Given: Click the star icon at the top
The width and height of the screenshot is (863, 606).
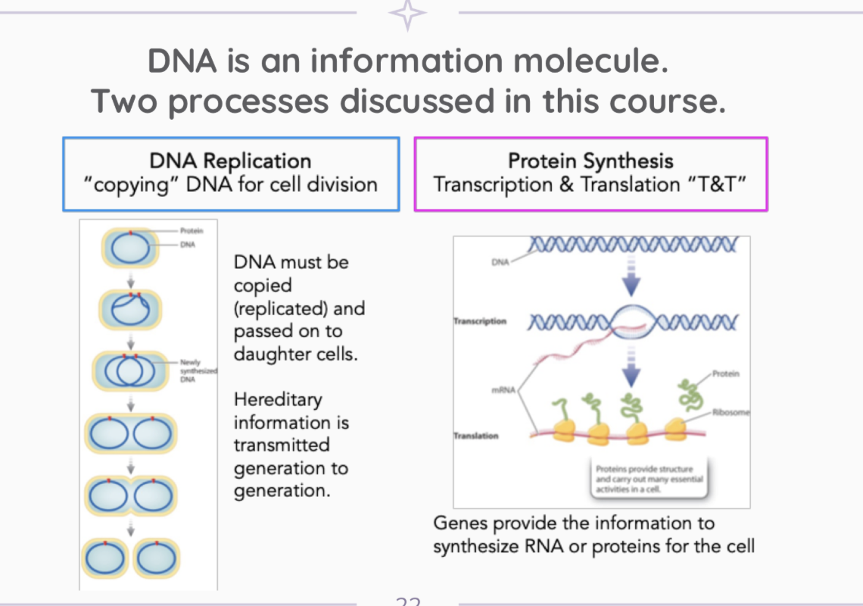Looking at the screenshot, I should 407,14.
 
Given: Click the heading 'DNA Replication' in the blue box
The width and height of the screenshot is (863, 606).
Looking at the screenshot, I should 231,161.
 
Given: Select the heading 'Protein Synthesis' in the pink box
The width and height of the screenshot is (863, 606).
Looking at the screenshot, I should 590,161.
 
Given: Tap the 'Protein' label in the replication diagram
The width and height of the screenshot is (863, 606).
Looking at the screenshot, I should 191,230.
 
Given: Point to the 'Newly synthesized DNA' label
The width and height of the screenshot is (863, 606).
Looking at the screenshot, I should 198,371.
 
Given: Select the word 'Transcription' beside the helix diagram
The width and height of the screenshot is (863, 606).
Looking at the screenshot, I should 480,321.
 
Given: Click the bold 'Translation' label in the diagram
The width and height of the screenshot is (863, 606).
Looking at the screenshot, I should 476,436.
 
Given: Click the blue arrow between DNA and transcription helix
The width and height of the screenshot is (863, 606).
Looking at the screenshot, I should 631,283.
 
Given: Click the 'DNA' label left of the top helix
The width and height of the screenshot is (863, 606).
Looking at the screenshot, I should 500,263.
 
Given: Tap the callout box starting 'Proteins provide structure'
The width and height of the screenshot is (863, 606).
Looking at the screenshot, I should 649,479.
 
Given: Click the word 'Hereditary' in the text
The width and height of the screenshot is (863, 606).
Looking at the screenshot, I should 278,399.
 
